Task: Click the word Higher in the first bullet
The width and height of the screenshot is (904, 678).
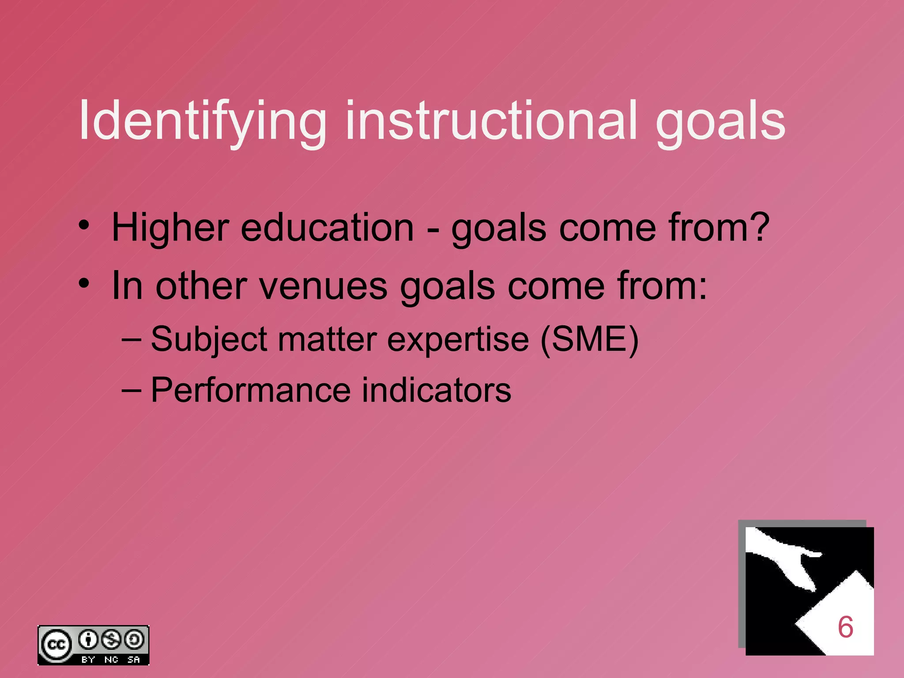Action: coord(170,228)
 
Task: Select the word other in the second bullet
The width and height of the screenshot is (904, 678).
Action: coord(201,286)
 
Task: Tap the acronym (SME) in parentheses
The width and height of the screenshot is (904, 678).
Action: coord(589,339)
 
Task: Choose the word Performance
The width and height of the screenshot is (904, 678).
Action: coord(250,390)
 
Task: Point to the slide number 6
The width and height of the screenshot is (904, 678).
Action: coord(845,627)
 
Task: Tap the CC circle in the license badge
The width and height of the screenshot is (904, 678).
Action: coord(56,645)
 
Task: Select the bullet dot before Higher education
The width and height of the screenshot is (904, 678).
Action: coord(84,226)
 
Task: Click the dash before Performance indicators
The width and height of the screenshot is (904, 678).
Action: coord(131,390)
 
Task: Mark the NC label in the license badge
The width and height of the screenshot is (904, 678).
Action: coord(111,659)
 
